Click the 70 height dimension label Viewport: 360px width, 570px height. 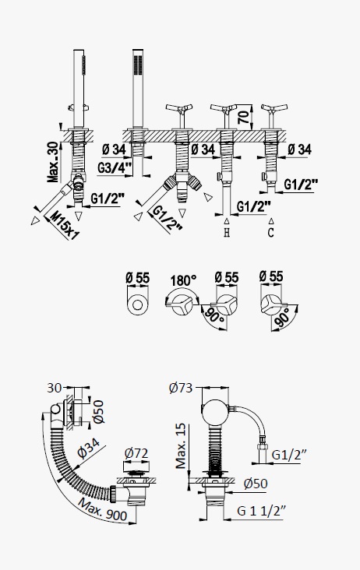[x=245, y=115]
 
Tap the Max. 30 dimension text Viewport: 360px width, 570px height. [x=53, y=162]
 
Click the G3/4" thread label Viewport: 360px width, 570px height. [x=115, y=167]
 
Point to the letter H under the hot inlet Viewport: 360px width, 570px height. [x=227, y=232]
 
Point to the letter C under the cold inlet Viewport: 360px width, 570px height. [x=270, y=232]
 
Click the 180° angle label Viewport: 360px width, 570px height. [x=184, y=280]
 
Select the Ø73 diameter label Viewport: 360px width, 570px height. [x=181, y=388]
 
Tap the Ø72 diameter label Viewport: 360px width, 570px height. [x=136, y=453]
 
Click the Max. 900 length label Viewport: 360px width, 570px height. [x=103, y=510]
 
